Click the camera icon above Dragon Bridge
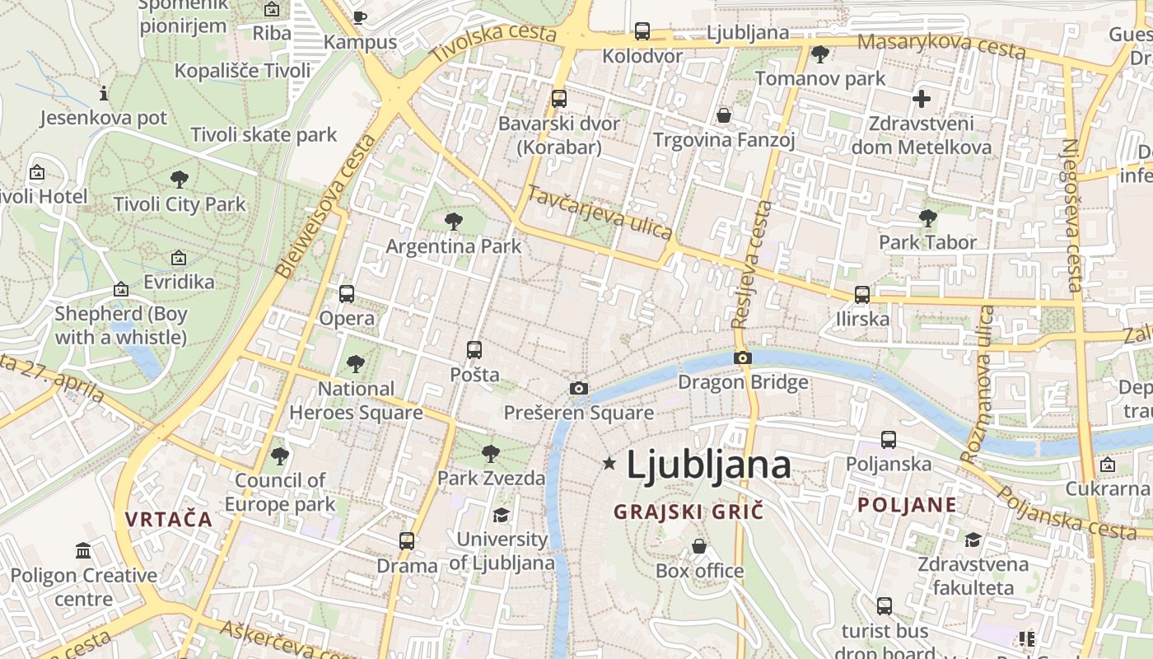coord(743,358)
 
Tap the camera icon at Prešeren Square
coord(579,388)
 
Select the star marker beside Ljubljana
coord(609,464)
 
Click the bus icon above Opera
coord(347,294)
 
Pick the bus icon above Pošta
coord(474,349)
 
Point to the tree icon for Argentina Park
coord(453,221)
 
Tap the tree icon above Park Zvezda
coord(491,453)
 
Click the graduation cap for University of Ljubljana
coord(501,516)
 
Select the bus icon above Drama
coord(407,541)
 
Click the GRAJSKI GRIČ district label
coord(689,512)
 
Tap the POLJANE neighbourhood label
coord(907,505)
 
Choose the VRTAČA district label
coord(169,519)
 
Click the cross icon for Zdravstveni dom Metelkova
coord(922,100)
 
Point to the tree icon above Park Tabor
coord(928,218)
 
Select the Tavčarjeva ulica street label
coord(600,213)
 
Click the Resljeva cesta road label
coord(752,264)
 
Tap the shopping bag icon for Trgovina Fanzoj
coord(724,115)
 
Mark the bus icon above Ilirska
coord(862,294)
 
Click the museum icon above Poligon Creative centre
coord(83,550)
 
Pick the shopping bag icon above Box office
coord(699,546)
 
